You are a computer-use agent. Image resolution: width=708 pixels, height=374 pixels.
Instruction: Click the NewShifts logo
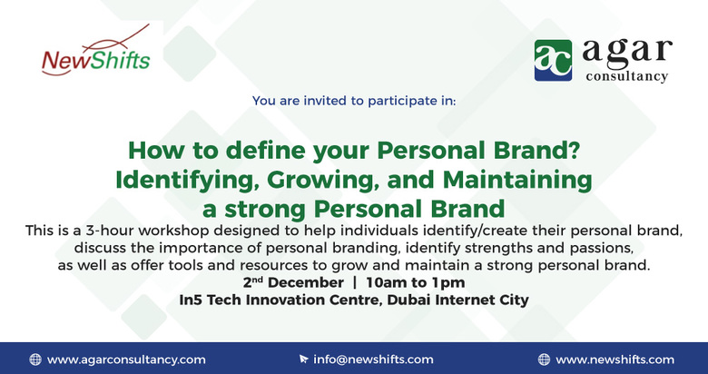click(95, 57)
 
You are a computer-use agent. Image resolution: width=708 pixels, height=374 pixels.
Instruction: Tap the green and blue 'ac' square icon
click(553, 59)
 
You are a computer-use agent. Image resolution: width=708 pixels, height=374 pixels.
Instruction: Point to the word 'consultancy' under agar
click(624, 76)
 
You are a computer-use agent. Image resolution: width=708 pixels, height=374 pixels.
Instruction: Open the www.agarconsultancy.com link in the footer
click(126, 359)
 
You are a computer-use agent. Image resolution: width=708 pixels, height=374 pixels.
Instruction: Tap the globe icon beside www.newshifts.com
click(544, 359)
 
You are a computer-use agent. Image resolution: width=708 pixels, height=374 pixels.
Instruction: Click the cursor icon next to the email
click(303, 359)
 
